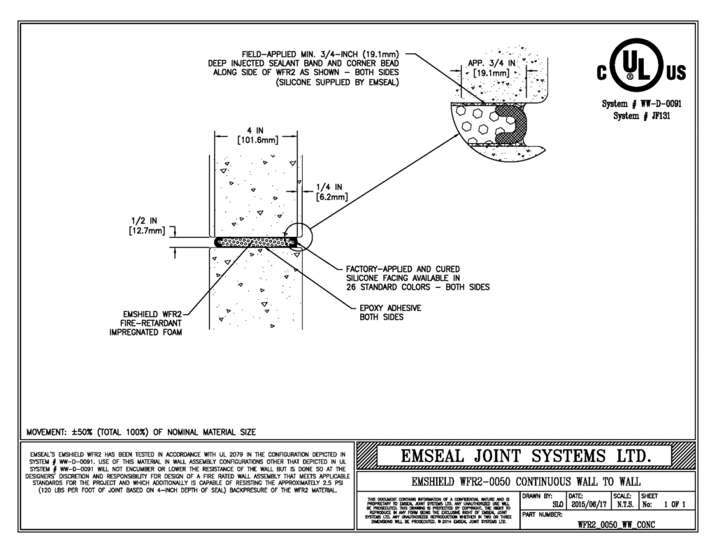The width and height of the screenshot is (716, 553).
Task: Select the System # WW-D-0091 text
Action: pos(642,104)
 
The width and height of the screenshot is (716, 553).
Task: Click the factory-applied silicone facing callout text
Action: pos(417,278)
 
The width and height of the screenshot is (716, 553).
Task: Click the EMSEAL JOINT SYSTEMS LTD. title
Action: pos(526,457)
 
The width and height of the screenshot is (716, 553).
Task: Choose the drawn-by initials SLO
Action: pos(557,503)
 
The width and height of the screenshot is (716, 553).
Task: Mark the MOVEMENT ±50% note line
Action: pos(141,431)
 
